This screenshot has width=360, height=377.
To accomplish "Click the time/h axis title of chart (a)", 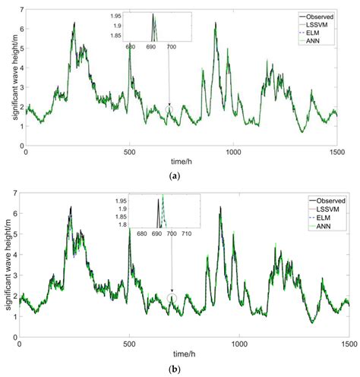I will tap(187, 162).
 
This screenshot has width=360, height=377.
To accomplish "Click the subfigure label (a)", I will tap(187, 176).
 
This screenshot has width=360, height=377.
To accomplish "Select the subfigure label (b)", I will tap(187, 369).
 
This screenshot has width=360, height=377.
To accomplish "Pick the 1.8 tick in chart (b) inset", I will tap(121, 225).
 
